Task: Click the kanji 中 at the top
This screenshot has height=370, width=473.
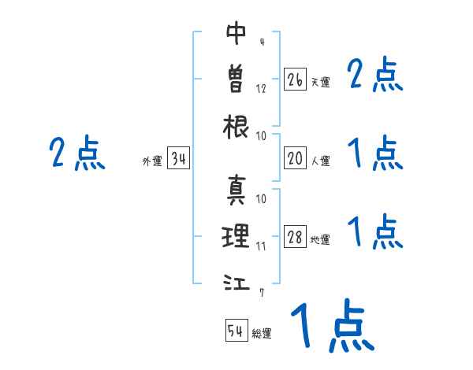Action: click(236, 33)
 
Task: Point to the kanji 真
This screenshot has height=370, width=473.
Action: click(236, 189)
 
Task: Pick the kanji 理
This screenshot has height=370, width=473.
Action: click(236, 235)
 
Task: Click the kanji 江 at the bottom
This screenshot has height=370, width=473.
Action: click(236, 281)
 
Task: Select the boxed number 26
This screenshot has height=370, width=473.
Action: click(295, 80)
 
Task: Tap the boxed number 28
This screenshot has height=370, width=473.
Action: click(295, 238)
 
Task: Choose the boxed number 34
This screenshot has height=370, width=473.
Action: click(178, 160)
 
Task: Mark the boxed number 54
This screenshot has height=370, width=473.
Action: click(236, 331)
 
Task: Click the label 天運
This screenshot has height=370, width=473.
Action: click(320, 82)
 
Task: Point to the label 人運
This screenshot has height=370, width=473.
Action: click(320, 161)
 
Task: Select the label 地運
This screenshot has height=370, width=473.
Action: click(320, 240)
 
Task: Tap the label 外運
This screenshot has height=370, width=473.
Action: click(152, 162)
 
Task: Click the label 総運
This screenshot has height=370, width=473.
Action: click(262, 334)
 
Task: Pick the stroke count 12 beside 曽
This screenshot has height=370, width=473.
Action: click(261, 88)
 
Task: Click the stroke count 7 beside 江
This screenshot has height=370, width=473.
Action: click(261, 293)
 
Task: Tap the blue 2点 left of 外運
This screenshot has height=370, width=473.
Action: click(76, 153)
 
